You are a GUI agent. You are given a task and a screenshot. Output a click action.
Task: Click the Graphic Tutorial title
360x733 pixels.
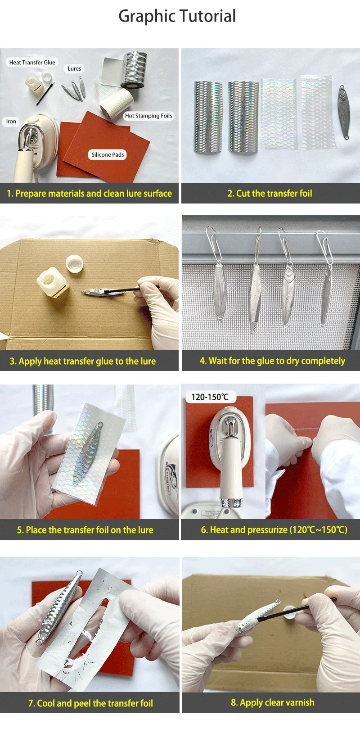click(x=177, y=16)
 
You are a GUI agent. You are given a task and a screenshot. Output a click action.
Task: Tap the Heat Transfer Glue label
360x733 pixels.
click(x=32, y=63)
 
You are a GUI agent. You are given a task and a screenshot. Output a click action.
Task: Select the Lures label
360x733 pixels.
click(x=74, y=69)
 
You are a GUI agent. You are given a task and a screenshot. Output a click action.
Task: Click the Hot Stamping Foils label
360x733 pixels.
click(x=148, y=116)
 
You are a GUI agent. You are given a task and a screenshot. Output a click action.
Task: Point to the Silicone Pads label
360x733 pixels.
click(x=108, y=155)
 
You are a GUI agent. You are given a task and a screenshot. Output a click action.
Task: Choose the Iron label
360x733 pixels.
click(x=11, y=122)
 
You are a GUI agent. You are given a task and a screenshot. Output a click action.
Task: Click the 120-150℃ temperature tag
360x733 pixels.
click(x=210, y=397)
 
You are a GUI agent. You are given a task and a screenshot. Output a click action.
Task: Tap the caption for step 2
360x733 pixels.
click(x=270, y=194)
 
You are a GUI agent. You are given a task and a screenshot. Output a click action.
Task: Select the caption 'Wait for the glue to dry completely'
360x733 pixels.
click(x=273, y=361)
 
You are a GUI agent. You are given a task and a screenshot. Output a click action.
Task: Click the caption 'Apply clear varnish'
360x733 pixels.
click(x=273, y=702)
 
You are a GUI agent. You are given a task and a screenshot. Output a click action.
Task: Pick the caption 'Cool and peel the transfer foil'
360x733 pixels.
click(x=90, y=703)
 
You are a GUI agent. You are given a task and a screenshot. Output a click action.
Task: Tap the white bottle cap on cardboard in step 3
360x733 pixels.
click(x=74, y=264)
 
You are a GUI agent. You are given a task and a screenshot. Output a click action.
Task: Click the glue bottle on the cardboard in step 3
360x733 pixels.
click(x=52, y=282)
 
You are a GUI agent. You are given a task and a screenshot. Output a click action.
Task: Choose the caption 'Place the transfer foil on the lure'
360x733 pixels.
click(x=85, y=530)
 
